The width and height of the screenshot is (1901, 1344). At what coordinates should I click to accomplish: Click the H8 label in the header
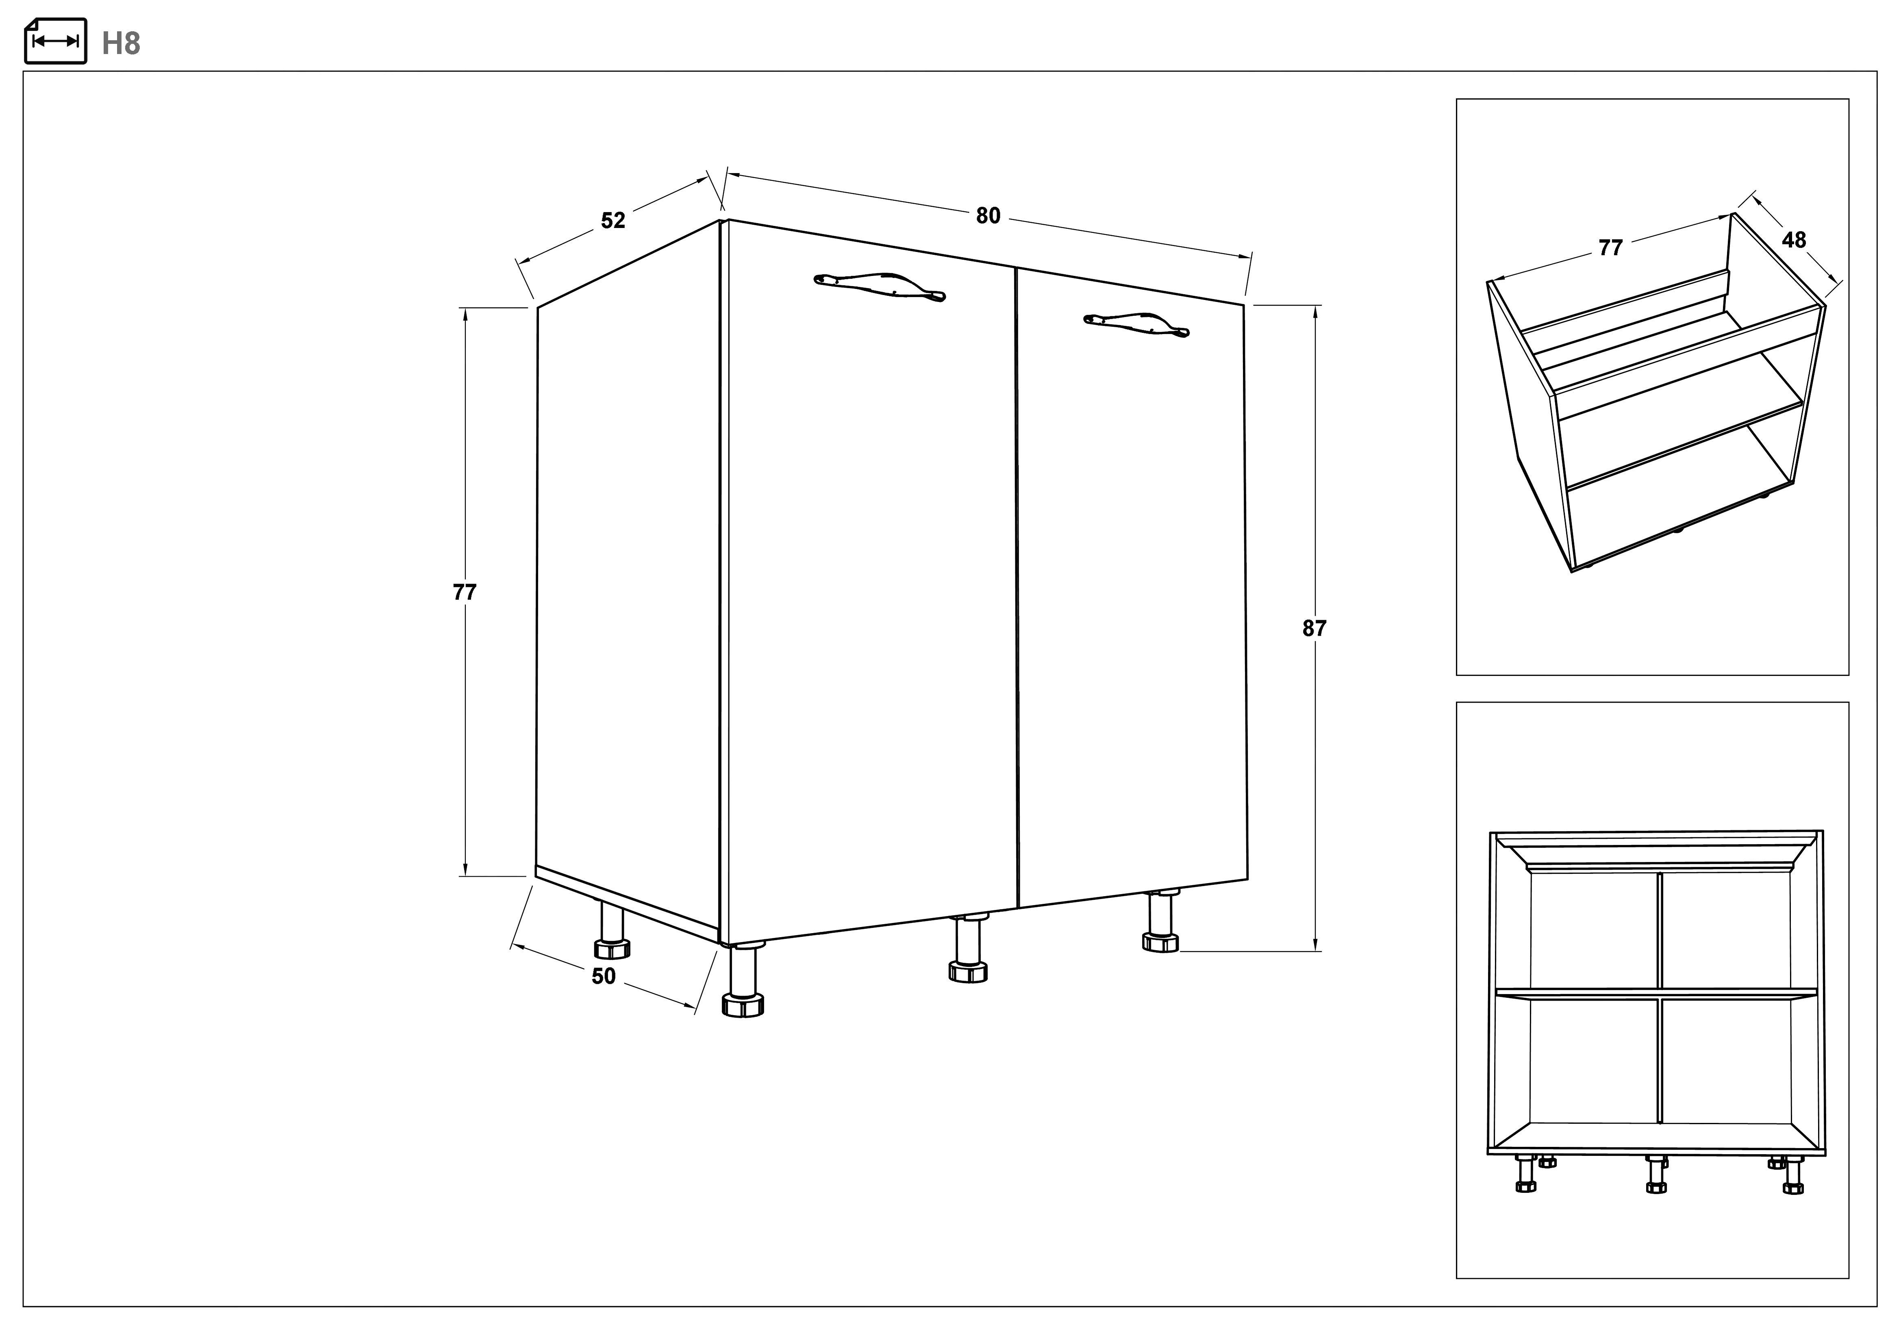[121, 43]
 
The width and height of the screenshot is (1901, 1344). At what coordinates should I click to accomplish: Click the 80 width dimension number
[988, 216]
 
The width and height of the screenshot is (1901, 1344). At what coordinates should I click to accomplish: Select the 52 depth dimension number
[613, 220]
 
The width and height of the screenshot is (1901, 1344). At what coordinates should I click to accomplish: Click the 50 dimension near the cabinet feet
[604, 976]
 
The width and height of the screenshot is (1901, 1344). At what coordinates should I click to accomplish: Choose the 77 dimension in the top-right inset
[1610, 248]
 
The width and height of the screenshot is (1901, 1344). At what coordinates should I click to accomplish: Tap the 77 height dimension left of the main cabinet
[465, 592]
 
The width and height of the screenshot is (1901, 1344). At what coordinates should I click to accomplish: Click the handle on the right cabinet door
[1136, 324]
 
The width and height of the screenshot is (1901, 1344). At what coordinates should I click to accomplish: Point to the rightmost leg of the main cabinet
[1161, 921]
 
